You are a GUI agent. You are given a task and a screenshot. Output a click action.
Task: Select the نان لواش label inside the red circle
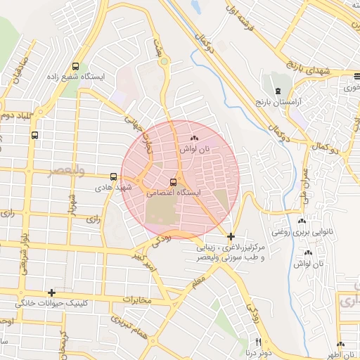[x=194, y=149]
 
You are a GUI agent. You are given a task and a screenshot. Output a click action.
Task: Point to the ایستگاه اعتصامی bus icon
[x=174, y=182]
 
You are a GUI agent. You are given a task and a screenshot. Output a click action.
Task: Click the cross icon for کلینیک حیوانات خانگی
[x=51, y=292]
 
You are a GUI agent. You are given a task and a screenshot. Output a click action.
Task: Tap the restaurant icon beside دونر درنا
[x=257, y=342]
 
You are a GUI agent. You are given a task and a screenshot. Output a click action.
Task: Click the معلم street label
[x=198, y=283]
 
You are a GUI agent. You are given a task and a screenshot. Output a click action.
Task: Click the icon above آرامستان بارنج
[x=278, y=91]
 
